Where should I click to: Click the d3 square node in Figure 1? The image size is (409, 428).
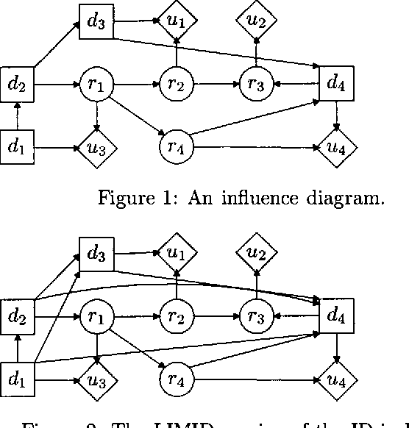96,21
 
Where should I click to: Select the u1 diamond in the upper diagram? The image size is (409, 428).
177,21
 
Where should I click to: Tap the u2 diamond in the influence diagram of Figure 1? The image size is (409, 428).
256,21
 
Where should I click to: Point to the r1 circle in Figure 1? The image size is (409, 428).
96,84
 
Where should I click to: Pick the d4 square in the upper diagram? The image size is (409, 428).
336,84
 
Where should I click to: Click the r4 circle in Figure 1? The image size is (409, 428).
175,147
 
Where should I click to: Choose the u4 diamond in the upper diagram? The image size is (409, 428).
336,147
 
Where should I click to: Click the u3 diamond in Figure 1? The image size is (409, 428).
96,147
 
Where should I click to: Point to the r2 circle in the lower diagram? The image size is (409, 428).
177,317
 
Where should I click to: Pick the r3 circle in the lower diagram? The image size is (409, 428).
256,317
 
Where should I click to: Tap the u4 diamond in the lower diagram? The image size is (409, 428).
336,380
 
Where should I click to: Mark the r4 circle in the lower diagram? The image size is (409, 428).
175,380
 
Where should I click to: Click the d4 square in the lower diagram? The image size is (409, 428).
336,317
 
